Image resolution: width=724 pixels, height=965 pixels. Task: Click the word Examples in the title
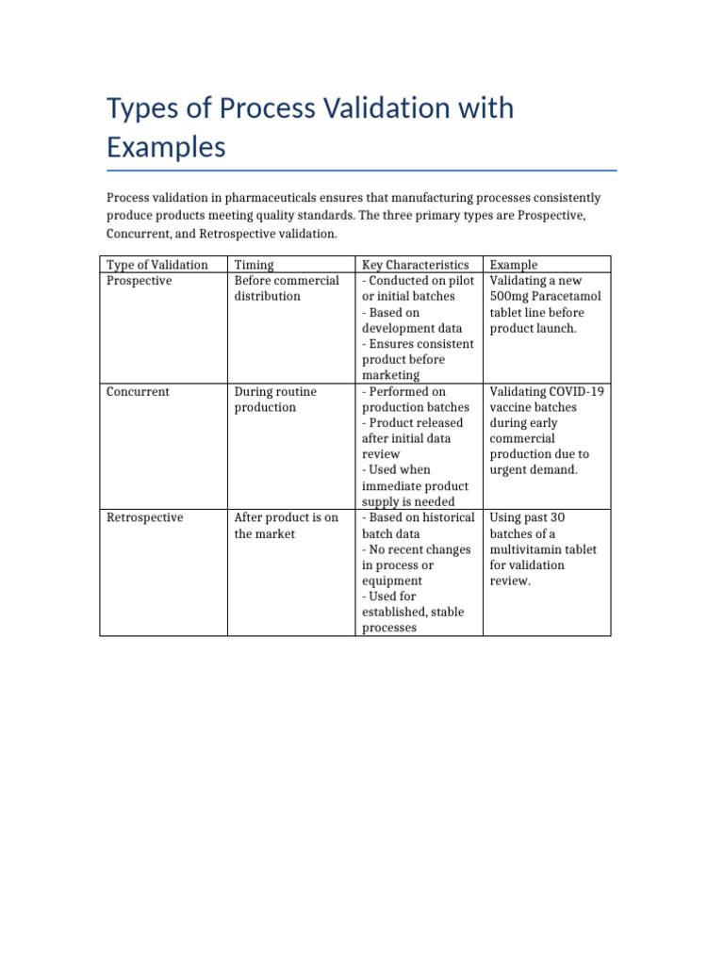pyautogui.click(x=166, y=148)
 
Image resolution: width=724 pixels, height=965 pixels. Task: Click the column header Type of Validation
pyautogui.click(x=157, y=265)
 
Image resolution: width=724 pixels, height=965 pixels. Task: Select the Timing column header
pyautogui.click(x=254, y=265)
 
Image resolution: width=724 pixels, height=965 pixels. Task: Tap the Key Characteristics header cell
pyautogui.click(x=415, y=265)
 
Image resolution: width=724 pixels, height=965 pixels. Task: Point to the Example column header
pyautogui.click(x=514, y=265)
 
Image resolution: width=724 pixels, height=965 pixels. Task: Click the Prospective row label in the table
pyautogui.click(x=140, y=281)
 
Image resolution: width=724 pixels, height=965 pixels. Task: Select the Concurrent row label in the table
pyautogui.click(x=139, y=391)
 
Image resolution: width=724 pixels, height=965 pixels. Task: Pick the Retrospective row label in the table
pyautogui.click(x=145, y=517)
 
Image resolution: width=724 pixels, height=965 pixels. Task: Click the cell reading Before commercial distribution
pyautogui.click(x=286, y=288)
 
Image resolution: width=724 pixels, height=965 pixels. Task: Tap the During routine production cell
pyautogui.click(x=275, y=399)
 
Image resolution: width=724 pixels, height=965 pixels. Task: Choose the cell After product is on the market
pyautogui.click(x=286, y=525)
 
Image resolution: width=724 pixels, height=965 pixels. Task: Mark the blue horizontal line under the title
pyautogui.click(x=362, y=171)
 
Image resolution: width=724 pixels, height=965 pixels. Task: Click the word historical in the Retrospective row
pyautogui.click(x=444, y=517)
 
